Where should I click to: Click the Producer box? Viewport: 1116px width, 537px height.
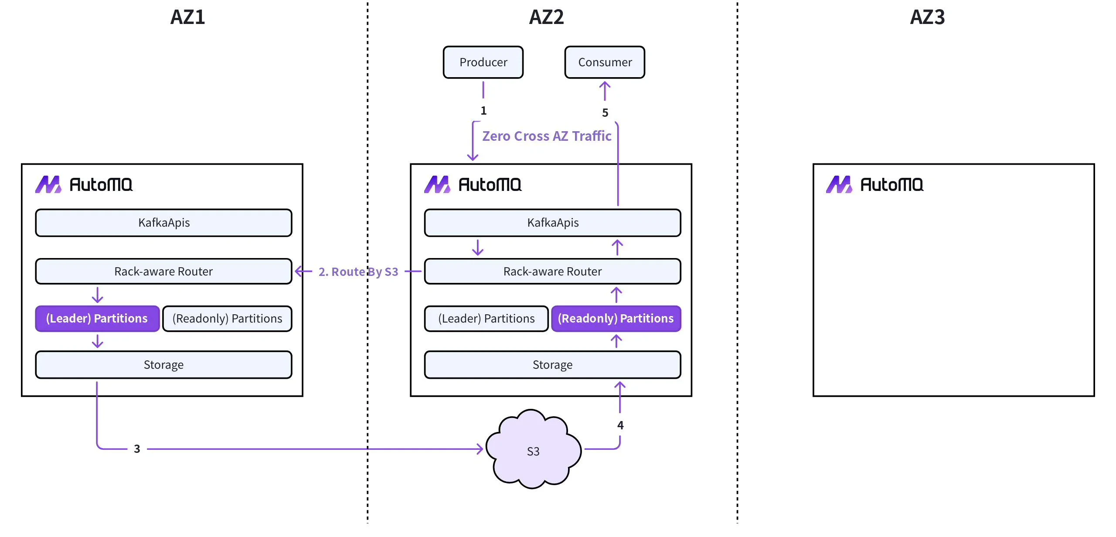click(483, 62)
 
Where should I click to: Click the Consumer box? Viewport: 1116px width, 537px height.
click(605, 62)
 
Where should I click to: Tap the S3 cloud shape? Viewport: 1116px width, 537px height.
click(533, 451)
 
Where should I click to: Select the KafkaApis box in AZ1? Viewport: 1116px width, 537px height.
click(163, 223)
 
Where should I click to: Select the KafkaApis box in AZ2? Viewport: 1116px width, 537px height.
click(552, 223)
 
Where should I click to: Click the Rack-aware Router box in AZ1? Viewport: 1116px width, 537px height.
click(163, 272)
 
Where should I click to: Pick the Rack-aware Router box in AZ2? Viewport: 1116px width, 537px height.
click(552, 272)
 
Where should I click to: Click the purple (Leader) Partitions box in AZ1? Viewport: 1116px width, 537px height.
click(97, 319)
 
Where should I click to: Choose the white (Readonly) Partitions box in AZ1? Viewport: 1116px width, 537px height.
click(227, 319)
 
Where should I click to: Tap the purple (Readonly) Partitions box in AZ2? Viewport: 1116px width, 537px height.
click(616, 319)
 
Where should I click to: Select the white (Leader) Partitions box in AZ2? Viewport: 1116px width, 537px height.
click(486, 319)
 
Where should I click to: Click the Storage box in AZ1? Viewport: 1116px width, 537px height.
click(163, 365)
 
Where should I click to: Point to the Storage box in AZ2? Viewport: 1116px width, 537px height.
click(552, 365)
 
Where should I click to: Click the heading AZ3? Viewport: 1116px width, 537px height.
click(927, 17)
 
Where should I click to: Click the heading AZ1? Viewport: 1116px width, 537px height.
click(187, 17)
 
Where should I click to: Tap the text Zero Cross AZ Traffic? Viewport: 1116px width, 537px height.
click(547, 136)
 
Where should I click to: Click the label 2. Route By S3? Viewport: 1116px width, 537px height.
click(358, 272)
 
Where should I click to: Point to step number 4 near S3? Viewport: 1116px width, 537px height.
click(620, 425)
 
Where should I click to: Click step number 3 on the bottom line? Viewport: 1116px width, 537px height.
click(137, 449)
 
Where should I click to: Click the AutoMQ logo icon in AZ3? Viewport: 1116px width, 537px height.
click(839, 184)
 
